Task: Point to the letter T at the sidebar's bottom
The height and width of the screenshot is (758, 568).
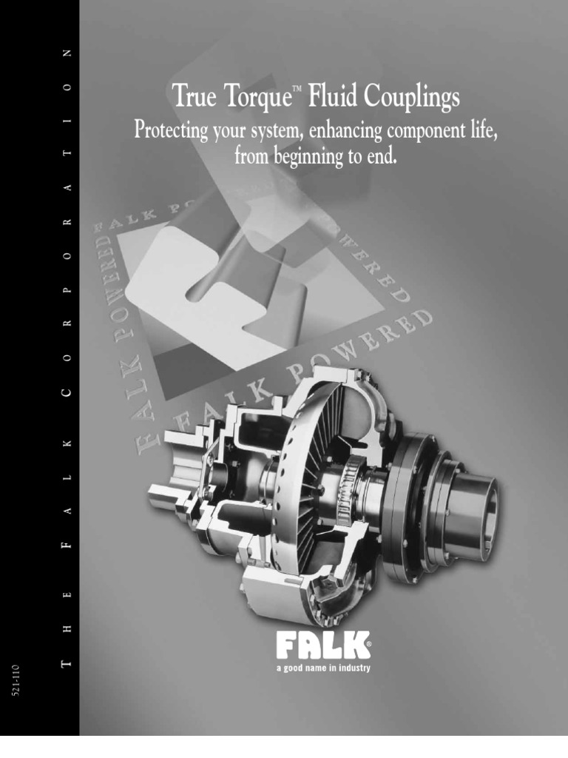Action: point(68,649)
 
